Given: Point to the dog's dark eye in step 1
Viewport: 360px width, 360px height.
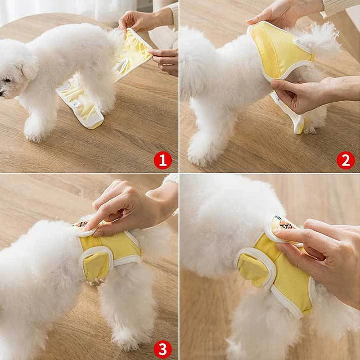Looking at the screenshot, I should tap(8, 80).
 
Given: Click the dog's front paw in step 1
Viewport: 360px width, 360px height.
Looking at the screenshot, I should tap(34, 133).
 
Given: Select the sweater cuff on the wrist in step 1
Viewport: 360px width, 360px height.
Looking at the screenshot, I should tap(169, 16).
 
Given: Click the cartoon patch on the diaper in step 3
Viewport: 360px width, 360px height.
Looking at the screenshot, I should tap(81, 224).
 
